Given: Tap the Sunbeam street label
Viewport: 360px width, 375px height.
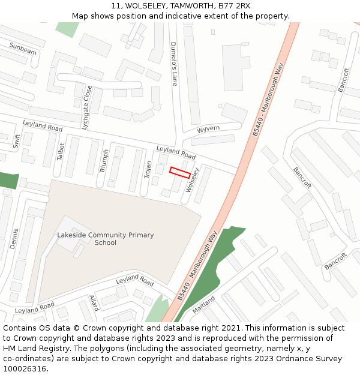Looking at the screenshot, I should (23, 49).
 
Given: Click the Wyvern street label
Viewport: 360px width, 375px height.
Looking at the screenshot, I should (208, 129).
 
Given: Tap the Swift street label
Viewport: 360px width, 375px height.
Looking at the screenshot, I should (16, 141).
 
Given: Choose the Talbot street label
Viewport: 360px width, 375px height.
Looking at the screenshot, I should (60, 151).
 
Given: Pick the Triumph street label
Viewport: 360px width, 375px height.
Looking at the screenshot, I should (104, 161).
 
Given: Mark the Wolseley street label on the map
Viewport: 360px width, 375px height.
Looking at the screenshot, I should (192, 179).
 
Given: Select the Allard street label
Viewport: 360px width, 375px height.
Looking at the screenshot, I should (94, 302).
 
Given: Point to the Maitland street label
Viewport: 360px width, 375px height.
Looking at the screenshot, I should (203, 305).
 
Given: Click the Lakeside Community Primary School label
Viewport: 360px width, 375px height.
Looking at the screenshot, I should (105, 239).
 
